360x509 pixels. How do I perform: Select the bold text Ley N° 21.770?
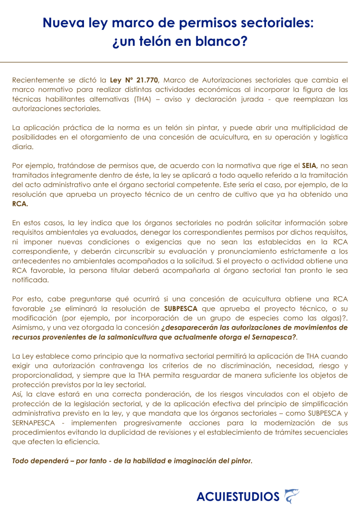[134, 80]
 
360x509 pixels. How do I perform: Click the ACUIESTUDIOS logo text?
[238, 496]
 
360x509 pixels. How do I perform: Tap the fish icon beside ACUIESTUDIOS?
[291, 496]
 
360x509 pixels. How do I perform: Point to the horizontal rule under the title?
[180, 62]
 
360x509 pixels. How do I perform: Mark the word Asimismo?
[28, 328]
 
